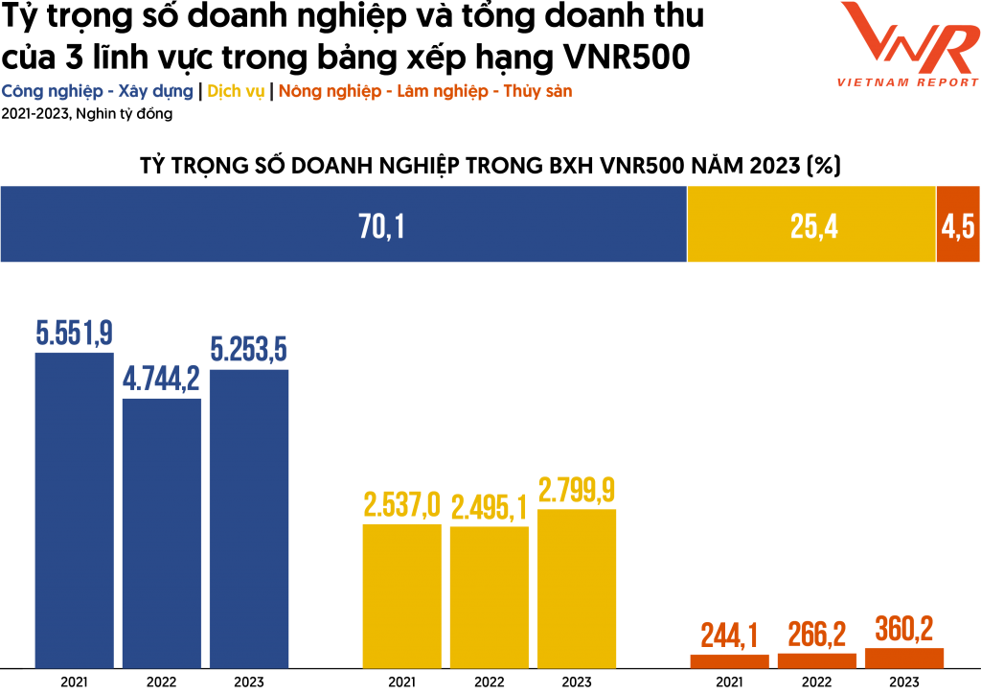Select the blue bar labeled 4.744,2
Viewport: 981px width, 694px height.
pos(161,533)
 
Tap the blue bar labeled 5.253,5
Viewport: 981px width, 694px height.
pos(248,519)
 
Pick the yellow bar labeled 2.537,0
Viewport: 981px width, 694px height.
pos(401,595)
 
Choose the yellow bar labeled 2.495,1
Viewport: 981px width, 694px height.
pos(489,597)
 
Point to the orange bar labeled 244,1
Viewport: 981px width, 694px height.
pos(729,660)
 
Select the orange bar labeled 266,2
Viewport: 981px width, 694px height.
pos(816,660)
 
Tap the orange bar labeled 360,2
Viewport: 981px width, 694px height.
pos(903,658)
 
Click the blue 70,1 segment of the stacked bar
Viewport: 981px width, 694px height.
pos(343,224)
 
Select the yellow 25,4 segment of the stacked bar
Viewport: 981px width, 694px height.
pos(811,224)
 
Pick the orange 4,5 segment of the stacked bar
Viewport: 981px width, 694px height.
pos(958,224)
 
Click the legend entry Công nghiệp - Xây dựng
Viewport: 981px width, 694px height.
pos(97,92)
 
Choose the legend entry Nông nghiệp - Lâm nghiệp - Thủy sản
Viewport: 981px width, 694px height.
pos(425,92)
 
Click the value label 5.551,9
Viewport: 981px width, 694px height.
pos(74,333)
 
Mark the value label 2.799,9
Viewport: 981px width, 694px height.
pos(576,490)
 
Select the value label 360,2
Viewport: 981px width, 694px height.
pos(903,629)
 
